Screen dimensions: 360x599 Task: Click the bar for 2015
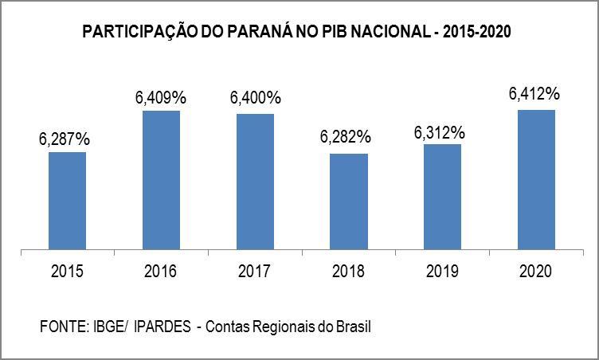[68, 201]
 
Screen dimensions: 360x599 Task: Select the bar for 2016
[161, 180]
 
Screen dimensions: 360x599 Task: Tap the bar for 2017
[255, 182]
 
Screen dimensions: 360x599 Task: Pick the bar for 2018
[349, 202]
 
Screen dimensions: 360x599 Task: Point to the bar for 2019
[442, 197]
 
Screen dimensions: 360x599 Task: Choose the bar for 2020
[536, 179]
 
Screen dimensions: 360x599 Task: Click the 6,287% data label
[65, 139]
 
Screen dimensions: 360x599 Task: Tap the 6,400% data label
[256, 99]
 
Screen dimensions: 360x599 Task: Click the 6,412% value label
[534, 94]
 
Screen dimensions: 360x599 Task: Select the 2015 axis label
[68, 272]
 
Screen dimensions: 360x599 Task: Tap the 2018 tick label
[349, 272]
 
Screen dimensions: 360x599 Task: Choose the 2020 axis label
[536, 272]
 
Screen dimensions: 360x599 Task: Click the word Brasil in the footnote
[354, 327]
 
